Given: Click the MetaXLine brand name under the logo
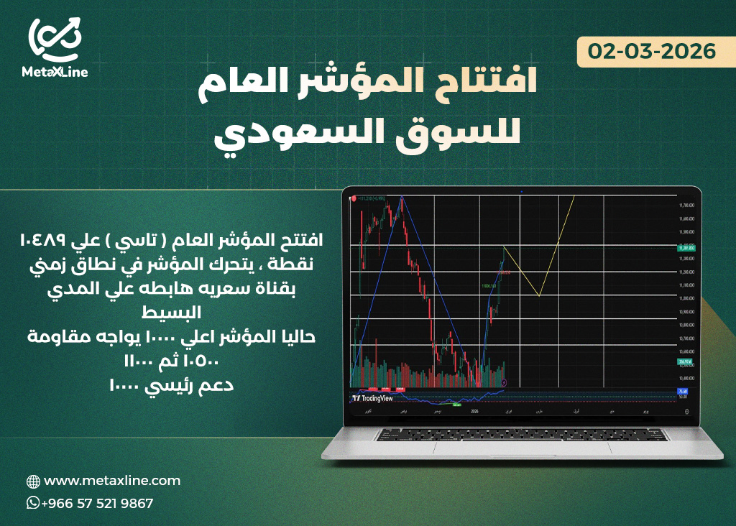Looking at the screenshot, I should tap(55, 72).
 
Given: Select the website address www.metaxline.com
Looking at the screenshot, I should tap(112, 481).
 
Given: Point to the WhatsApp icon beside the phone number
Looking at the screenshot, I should tap(33, 503).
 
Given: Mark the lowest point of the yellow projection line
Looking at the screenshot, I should tap(539, 295).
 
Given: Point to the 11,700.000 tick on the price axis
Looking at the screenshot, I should tap(686, 206).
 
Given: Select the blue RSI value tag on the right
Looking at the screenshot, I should tap(683, 392).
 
